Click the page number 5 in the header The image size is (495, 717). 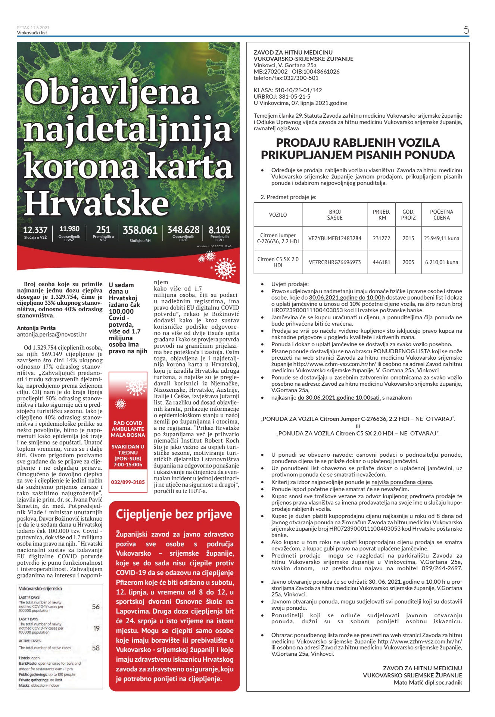click(466, 30)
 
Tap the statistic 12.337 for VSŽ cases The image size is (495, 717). click(35, 230)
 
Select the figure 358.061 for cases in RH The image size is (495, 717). click(140, 230)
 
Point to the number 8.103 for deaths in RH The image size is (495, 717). click(220, 230)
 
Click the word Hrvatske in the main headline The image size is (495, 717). click(97, 203)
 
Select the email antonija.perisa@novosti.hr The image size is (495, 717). click(52, 335)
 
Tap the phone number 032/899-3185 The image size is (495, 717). click(128, 482)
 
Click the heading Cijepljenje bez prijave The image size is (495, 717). click(174, 514)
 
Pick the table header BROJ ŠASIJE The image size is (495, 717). click(335, 215)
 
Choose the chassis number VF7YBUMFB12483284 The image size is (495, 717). click(335, 238)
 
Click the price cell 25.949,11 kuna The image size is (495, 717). click(442, 238)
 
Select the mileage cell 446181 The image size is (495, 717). click(382, 262)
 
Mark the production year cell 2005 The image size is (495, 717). click(408, 262)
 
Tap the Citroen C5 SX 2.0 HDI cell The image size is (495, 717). click(278, 262)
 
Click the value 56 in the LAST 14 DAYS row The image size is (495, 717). click(96, 607)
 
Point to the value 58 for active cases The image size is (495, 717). click(96, 648)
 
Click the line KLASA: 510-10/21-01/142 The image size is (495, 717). click(287, 90)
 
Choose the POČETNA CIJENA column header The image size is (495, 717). click(442, 215)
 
